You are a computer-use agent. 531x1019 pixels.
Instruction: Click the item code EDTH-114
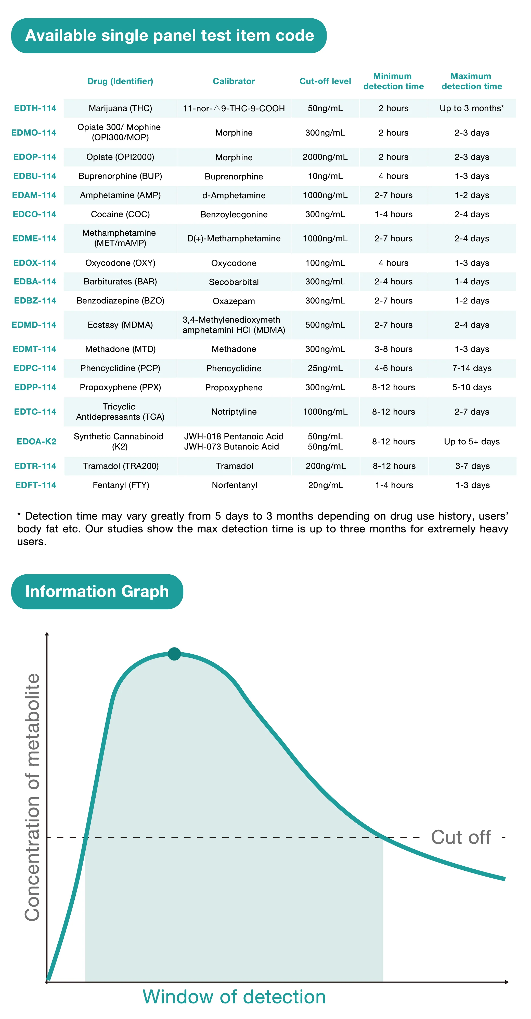[35, 108]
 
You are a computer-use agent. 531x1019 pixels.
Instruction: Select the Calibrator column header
[234, 81]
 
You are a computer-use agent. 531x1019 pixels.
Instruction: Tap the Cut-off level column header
[325, 81]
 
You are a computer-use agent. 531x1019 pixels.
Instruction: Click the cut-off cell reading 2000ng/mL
[325, 157]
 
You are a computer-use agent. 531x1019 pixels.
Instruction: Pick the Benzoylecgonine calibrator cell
[234, 214]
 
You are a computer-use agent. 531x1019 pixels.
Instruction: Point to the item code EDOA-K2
[36, 441]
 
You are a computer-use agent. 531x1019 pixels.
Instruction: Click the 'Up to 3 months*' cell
[472, 108]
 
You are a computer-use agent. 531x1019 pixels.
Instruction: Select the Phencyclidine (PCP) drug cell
[120, 368]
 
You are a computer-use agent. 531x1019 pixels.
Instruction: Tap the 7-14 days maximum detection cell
[472, 368]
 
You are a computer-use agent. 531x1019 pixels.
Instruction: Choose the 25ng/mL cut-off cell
[325, 368]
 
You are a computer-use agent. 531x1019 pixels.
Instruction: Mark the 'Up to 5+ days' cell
[472, 441]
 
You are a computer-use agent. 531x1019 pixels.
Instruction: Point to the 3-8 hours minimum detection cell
[393, 349]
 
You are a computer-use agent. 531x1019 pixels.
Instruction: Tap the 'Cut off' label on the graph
[461, 837]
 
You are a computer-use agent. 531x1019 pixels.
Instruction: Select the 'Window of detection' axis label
[234, 997]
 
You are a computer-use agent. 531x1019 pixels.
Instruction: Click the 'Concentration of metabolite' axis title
[32, 797]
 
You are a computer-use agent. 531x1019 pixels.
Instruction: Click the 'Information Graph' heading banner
[97, 591]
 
